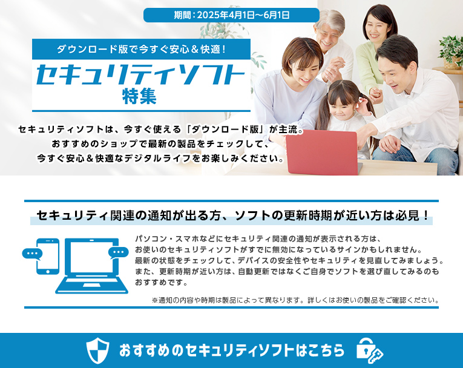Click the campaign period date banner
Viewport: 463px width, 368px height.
tap(231, 15)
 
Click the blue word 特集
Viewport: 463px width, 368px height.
tap(139, 96)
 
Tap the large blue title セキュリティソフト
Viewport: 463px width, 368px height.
tap(140, 74)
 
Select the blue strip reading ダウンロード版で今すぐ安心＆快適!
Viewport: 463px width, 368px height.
tap(141, 49)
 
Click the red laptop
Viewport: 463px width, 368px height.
tap(323, 153)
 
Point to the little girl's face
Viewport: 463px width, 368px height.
tap(344, 107)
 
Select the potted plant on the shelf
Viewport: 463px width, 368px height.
tap(452, 52)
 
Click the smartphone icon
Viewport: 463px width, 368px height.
tap(48, 257)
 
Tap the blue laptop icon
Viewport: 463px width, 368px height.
tap(92, 266)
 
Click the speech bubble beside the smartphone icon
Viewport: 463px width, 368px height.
tap(32, 254)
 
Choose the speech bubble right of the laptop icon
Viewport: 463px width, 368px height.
tap(119, 252)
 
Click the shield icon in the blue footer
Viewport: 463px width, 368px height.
tap(97, 350)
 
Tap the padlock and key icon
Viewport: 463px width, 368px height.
tap(369, 351)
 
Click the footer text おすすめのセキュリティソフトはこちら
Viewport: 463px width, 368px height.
tap(232, 350)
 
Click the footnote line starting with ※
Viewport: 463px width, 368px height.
tap(295, 300)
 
